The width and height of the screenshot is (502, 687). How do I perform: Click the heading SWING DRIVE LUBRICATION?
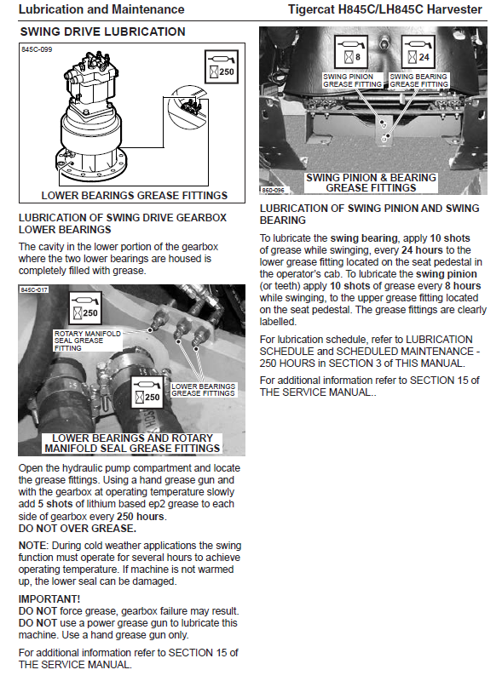click(x=102, y=31)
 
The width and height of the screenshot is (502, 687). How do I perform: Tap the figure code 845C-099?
click(x=37, y=49)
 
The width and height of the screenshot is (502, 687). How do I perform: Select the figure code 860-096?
click(x=273, y=190)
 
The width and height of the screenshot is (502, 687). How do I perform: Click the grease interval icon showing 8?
click(x=351, y=52)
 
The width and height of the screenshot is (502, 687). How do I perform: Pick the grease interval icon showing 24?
click(x=418, y=52)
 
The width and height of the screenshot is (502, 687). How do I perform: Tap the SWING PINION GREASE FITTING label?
click(x=352, y=80)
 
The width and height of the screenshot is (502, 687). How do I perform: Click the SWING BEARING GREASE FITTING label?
click(x=419, y=80)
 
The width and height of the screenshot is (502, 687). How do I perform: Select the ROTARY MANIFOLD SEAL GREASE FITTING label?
click(x=87, y=341)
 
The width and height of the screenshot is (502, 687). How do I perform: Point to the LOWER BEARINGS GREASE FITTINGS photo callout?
click(x=203, y=390)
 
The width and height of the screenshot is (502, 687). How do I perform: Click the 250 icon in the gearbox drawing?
click(x=222, y=66)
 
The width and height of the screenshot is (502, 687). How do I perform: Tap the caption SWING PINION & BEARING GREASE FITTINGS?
click(x=372, y=183)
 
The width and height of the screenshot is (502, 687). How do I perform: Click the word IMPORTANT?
click(x=49, y=599)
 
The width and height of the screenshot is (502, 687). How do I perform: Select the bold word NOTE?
click(x=32, y=546)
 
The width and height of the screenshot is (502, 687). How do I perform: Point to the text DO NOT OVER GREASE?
click(x=78, y=529)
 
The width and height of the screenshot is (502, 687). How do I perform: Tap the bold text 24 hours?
click(x=422, y=250)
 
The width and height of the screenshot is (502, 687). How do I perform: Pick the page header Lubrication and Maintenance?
click(x=101, y=9)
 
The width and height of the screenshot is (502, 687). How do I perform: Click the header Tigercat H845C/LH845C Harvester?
click(x=385, y=9)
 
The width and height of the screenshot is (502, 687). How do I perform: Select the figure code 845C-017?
click(x=34, y=289)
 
